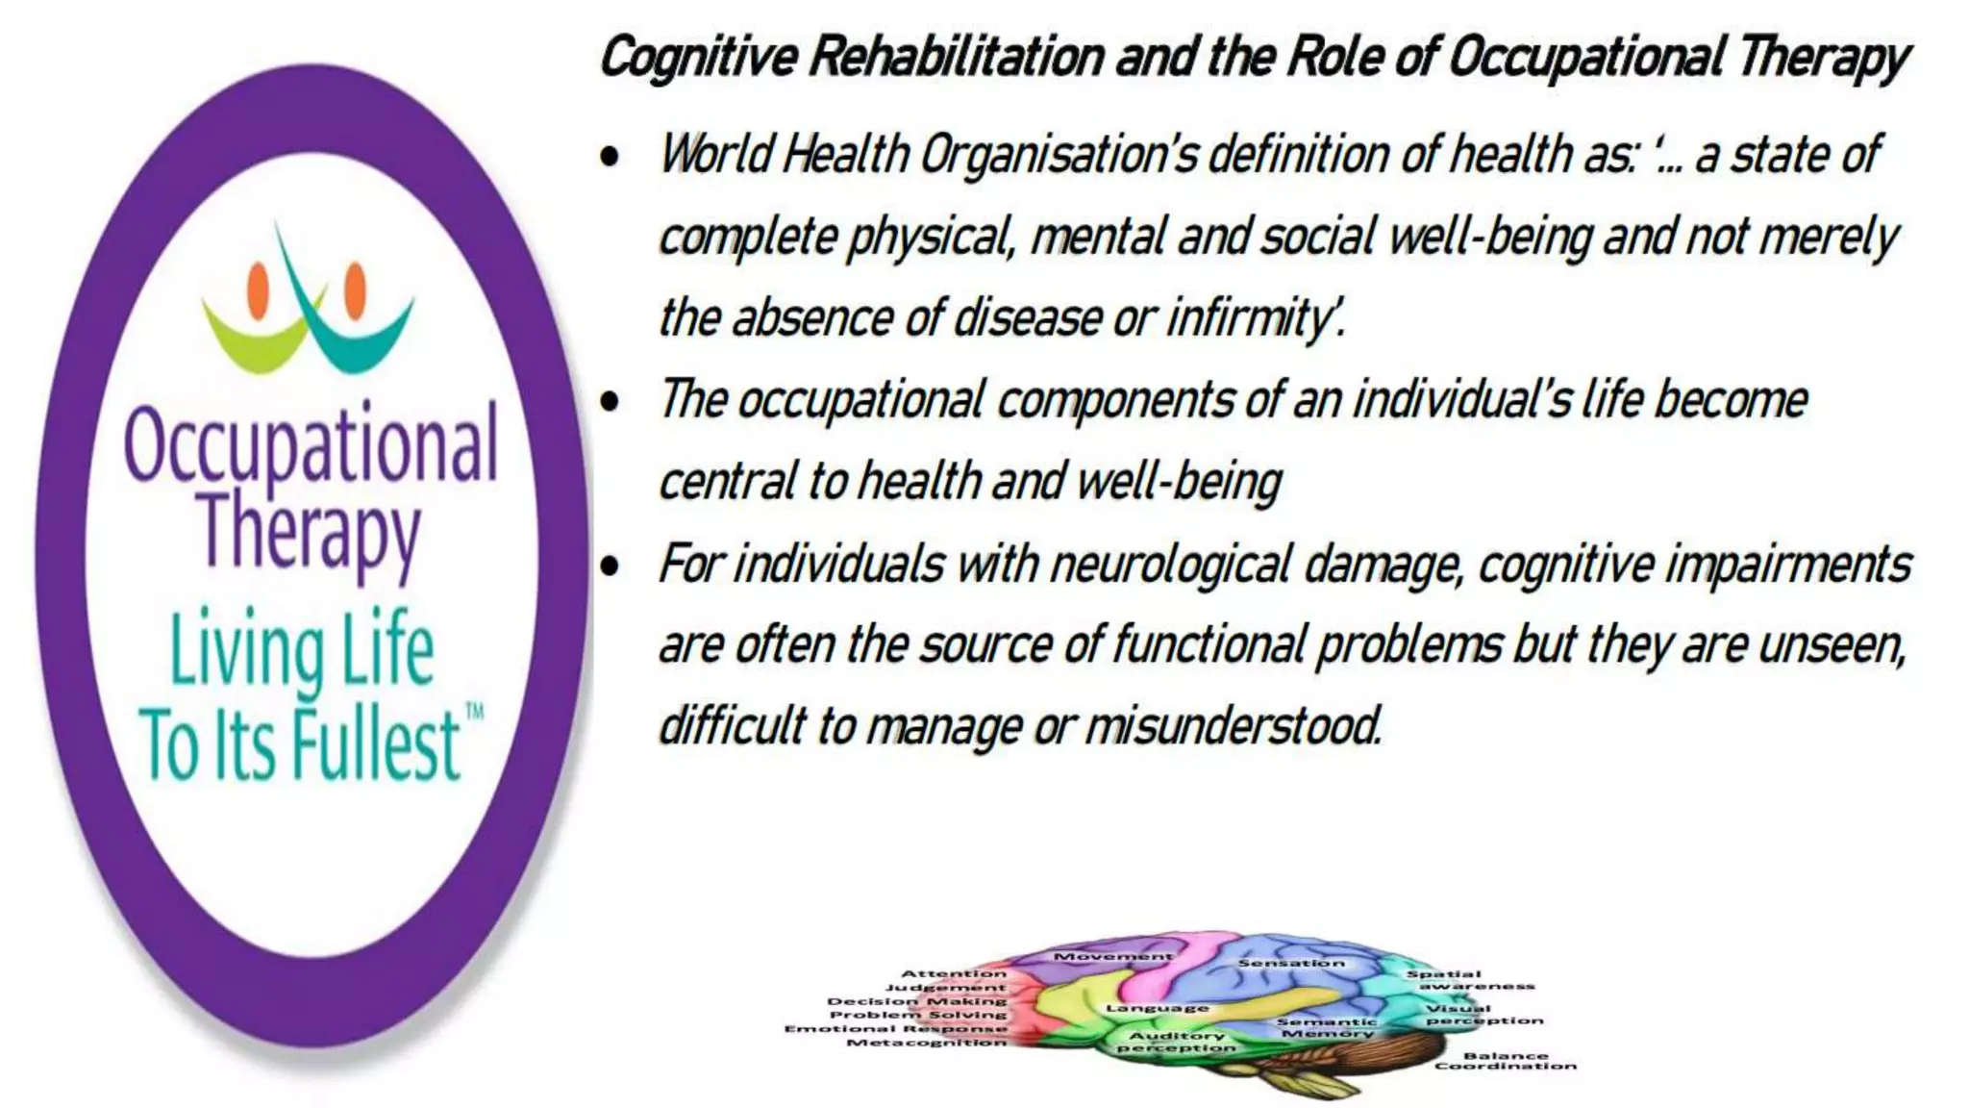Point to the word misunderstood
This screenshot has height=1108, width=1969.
pyautogui.click(x=1234, y=726)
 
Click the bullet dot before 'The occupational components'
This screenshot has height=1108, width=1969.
pyautogui.click(x=610, y=402)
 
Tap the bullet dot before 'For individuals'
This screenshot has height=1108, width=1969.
pyautogui.click(x=610, y=566)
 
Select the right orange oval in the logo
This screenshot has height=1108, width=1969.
pyautogui.click(x=355, y=290)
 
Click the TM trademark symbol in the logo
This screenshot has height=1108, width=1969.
pyautogui.click(x=474, y=712)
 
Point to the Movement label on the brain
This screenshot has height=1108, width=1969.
pyautogui.click(x=1112, y=957)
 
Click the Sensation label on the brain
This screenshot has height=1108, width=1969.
pyautogui.click(x=1291, y=963)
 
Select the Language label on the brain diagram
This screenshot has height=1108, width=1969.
pyautogui.click(x=1157, y=1008)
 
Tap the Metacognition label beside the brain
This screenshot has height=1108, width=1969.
pyautogui.click(x=926, y=1043)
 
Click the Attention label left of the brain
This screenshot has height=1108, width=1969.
pyautogui.click(x=953, y=973)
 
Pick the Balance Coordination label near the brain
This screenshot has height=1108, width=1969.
pyautogui.click(x=1505, y=1061)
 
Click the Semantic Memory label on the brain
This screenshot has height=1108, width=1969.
pyautogui.click(x=1327, y=1027)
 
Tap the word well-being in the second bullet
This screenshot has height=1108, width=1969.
pyautogui.click(x=1179, y=482)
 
